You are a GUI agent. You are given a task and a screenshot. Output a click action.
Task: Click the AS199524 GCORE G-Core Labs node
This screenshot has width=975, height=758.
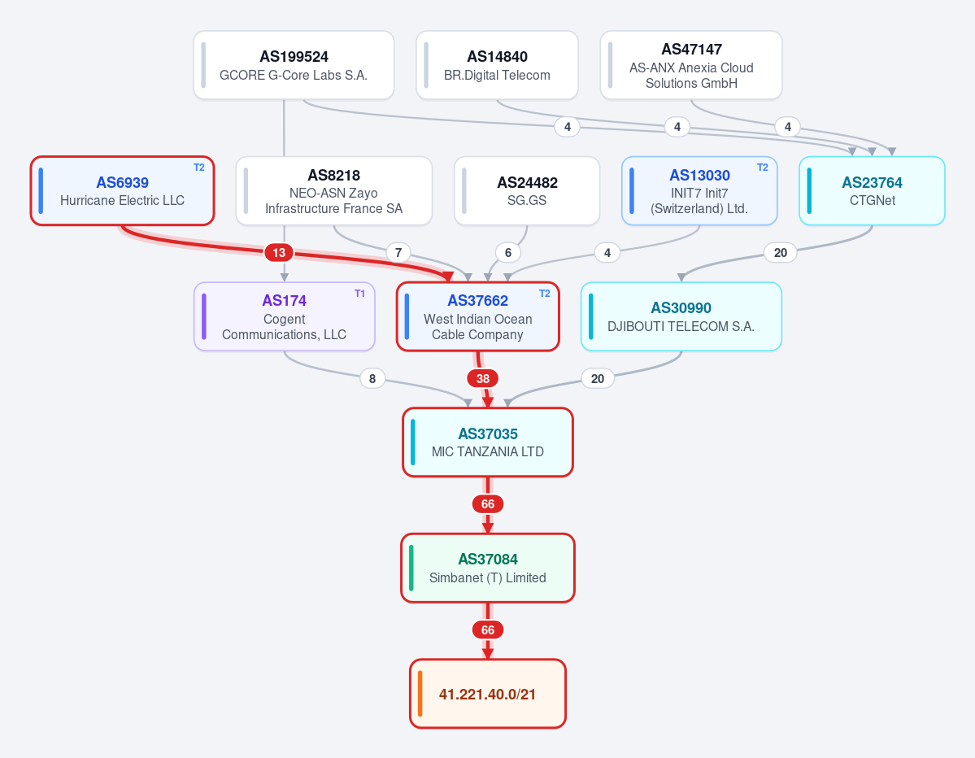(294, 65)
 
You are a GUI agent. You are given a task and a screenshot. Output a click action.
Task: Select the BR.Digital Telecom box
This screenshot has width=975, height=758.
(497, 65)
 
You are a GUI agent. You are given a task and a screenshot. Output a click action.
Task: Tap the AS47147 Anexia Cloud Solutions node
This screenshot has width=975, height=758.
(691, 65)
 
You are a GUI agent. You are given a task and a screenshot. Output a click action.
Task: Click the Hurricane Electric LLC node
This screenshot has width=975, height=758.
(123, 191)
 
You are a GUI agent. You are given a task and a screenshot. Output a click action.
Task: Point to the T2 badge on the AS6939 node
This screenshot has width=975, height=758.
(199, 168)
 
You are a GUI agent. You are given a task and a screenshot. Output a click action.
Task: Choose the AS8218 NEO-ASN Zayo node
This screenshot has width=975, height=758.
(334, 191)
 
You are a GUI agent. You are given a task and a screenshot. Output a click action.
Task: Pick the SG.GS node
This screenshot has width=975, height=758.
(527, 191)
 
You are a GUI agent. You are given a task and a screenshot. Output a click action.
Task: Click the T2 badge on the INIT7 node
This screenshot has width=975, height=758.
(762, 168)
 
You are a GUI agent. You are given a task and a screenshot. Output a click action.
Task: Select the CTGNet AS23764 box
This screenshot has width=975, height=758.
(872, 191)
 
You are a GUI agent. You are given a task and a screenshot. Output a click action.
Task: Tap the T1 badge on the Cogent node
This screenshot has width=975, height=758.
(359, 294)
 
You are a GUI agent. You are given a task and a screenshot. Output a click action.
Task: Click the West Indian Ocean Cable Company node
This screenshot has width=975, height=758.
(477, 316)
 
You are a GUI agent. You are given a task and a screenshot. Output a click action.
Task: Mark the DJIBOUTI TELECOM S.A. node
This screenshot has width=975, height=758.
(681, 316)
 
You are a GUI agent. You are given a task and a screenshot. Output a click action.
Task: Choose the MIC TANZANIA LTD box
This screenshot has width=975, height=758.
(488, 442)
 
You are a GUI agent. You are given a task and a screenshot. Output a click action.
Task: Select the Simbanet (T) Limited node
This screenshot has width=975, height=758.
(488, 568)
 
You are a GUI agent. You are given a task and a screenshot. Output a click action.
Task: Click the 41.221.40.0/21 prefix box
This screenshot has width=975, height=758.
(488, 693)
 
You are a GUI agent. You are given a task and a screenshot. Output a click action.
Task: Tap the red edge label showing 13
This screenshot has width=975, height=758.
(279, 252)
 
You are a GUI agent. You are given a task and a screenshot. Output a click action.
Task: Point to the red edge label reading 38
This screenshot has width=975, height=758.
(482, 378)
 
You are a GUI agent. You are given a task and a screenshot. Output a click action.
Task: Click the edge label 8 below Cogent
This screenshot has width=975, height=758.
(372, 378)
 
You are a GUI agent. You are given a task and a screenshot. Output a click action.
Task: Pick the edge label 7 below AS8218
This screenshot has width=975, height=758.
(398, 252)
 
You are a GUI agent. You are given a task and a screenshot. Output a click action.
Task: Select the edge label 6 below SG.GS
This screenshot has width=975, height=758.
(508, 252)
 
